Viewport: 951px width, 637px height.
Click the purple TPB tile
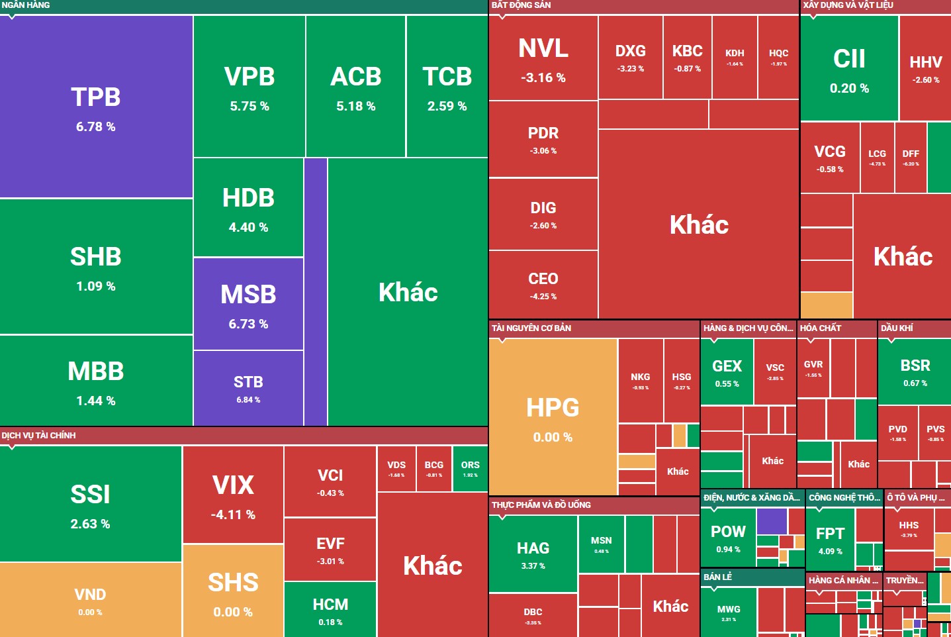(96, 106)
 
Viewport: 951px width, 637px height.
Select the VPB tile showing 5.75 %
(249, 86)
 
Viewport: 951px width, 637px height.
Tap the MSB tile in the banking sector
(248, 304)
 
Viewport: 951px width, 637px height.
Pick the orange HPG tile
(553, 417)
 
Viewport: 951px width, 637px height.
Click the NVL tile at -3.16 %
(543, 58)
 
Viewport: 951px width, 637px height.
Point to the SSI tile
(91, 503)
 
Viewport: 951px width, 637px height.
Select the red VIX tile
(233, 495)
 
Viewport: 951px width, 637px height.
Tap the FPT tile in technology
(830, 540)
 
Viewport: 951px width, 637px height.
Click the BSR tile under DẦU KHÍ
(915, 371)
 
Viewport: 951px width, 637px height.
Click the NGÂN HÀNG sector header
(26, 5)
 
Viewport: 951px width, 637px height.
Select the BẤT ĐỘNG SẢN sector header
(521, 5)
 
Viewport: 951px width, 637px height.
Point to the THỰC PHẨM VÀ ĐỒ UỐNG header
(541, 505)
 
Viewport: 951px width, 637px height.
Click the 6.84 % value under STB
(248, 400)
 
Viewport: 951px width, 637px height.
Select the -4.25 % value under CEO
(543, 297)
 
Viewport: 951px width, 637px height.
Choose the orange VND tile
(90, 600)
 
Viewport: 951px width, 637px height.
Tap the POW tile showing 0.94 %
(728, 538)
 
